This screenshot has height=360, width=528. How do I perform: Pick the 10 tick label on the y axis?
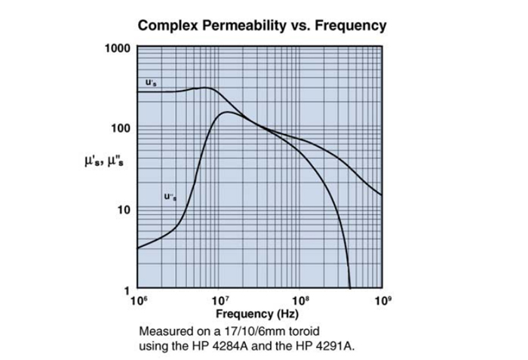click(x=126, y=208)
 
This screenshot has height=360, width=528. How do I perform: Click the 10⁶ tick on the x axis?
click(x=137, y=301)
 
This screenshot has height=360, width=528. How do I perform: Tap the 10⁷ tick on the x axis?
click(x=219, y=301)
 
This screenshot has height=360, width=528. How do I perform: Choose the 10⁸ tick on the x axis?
click(x=300, y=301)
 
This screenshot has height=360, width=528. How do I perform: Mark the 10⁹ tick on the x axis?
click(x=382, y=301)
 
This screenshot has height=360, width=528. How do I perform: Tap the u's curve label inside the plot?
click(x=151, y=82)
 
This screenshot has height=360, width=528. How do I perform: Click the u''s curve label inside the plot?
click(x=170, y=197)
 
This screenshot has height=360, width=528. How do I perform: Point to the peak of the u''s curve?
click(x=228, y=112)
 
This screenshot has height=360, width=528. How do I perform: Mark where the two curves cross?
click(x=256, y=125)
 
